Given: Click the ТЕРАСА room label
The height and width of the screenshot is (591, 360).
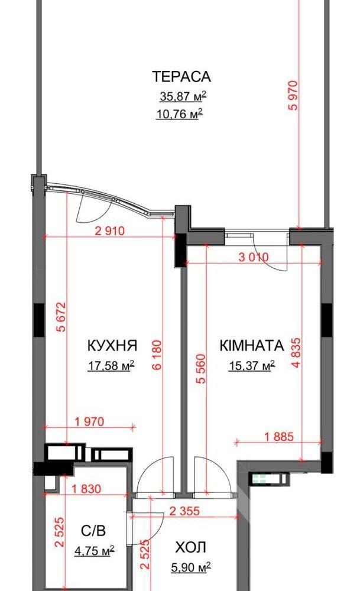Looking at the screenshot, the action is coord(181,76).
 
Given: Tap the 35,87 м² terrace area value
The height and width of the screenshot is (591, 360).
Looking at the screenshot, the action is coord(183,96).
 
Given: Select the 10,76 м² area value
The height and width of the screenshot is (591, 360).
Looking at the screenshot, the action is coord(180,113).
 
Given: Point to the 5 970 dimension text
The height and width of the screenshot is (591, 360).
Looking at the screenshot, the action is coord(293,95).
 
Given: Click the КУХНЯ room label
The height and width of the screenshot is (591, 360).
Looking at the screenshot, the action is coord(112,345).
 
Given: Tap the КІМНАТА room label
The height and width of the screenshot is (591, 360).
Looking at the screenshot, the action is coord(251,345).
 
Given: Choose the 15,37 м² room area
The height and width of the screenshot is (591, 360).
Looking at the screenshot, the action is coord(251,365).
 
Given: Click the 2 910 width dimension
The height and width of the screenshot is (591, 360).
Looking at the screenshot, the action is coord(110,230).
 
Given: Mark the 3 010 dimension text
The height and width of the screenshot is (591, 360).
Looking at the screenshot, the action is coord(254,258).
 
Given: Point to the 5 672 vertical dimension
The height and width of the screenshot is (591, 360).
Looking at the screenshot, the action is coord(61,317).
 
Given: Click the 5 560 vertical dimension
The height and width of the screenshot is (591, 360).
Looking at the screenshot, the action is coord(202,369).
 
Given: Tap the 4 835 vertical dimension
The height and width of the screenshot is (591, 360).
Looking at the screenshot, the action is coord(296,353).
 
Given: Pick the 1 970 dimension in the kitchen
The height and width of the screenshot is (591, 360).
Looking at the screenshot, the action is coord(89,421).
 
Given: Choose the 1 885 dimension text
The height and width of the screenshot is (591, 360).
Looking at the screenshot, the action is coord(278,437).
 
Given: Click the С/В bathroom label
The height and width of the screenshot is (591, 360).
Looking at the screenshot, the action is coord(93,531).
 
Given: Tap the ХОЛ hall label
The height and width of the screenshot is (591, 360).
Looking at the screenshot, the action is coord(191,547).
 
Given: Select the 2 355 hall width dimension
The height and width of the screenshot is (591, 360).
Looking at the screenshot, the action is coord(184,511).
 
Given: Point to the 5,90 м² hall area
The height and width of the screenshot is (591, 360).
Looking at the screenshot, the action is coord(190,567).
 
